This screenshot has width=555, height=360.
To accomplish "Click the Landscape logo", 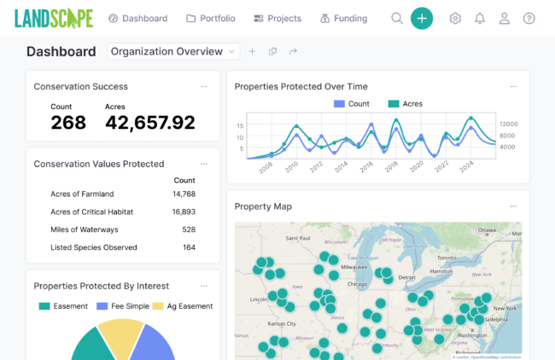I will tap(52, 18).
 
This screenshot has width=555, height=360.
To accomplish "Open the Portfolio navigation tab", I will tap(211, 18).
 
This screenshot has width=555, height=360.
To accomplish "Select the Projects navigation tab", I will tap(277, 18).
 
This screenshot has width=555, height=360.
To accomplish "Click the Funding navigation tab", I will tap(343, 18).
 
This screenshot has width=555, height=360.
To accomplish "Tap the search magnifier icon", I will tap(397, 18).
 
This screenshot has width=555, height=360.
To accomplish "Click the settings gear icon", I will tap(455, 18).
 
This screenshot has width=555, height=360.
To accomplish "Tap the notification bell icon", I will tap(480, 18).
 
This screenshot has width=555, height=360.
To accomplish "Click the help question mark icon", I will tap(529, 18).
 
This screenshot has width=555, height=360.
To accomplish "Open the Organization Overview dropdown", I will tap(173, 51).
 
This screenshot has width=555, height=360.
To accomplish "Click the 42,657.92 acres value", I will tap(149, 123).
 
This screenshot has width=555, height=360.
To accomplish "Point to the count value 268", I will tap(68, 123).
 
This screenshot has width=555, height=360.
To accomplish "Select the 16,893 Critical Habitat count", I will tap(184, 212).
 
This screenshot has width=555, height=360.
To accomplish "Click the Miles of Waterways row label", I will tap(84, 229).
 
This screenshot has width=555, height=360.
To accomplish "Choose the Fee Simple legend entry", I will tap(125, 306).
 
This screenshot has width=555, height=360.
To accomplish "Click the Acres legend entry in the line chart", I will tap(405, 104).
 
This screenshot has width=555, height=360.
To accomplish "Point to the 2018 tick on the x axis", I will tap(392, 165).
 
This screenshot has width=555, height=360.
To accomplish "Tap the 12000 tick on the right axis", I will tap(509, 124).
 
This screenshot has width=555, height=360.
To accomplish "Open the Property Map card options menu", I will tap(513, 206).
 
